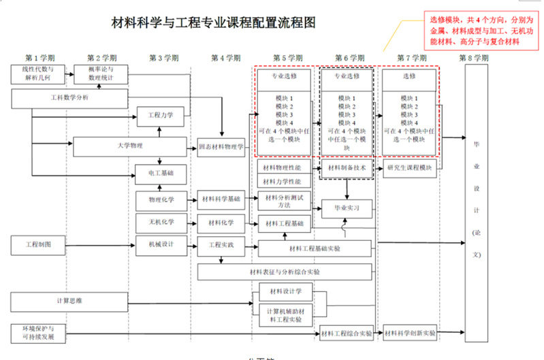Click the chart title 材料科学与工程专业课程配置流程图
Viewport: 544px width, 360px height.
coord(214,23)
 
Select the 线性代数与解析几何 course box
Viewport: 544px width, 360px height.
coord(38,73)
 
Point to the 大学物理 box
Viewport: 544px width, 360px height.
coord(129,146)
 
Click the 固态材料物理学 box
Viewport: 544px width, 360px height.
coord(221,146)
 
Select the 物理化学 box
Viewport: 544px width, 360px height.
coord(161,199)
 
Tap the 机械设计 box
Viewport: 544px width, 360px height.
coord(161,244)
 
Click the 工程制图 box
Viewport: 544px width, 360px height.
coord(38,244)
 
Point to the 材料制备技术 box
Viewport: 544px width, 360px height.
coord(347,167)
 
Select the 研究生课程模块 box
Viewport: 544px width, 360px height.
coord(409,167)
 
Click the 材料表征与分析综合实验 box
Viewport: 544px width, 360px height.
coord(285,272)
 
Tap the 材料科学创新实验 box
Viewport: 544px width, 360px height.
coord(409,333)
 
